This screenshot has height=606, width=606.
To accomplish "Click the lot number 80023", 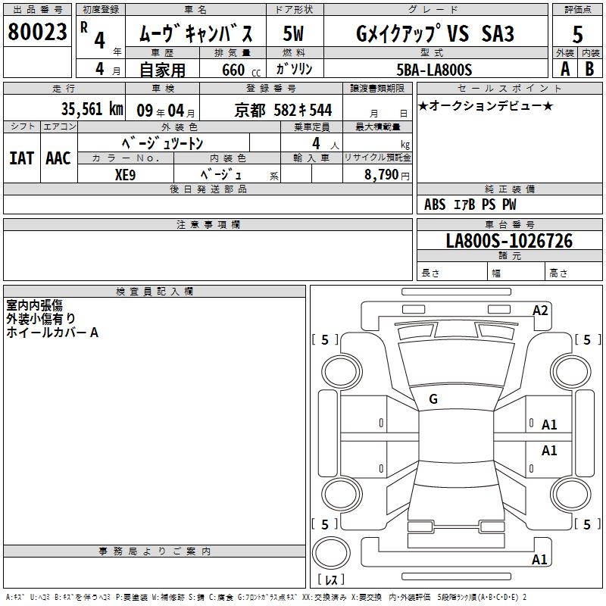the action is click(x=37, y=32).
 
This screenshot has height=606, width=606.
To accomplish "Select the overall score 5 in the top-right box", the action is click(x=577, y=34).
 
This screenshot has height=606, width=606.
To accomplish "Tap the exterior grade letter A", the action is click(x=565, y=69).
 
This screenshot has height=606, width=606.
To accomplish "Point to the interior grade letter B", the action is click(x=589, y=69).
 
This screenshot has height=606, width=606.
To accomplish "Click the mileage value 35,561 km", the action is click(x=92, y=109).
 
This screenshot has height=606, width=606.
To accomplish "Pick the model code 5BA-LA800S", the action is click(x=434, y=70).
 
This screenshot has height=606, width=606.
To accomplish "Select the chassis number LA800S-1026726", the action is click(x=509, y=241).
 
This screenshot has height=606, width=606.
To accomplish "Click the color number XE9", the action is click(x=125, y=175).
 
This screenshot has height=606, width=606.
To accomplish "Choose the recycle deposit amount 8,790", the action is click(x=381, y=174).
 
